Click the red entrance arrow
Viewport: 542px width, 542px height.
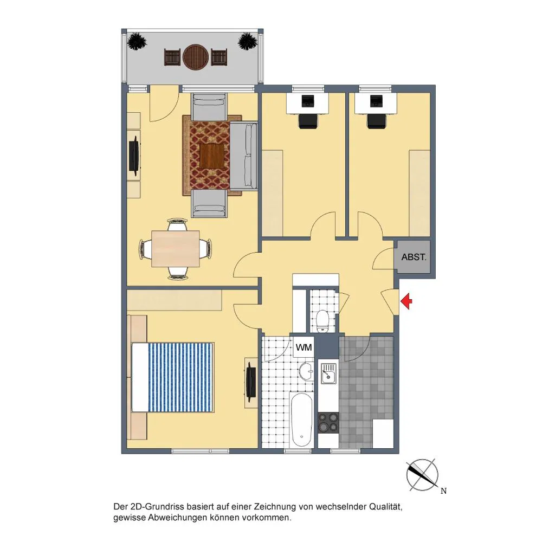coord(406,301)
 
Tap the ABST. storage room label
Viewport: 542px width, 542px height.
coord(414,257)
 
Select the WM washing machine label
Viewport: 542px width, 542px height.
coord(304,347)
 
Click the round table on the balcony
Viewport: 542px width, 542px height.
coord(196,57)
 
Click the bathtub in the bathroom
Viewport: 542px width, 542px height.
coord(302,420)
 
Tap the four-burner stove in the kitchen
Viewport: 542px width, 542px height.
coord(328,423)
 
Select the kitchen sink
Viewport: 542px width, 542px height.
coord(328,373)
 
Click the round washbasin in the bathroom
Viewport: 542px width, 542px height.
coord(306,371)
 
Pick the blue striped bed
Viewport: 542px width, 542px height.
coord(173,377)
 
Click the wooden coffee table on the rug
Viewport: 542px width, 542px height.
coord(212,156)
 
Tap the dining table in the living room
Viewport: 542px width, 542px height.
coord(176,249)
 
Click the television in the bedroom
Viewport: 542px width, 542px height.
coord(251,382)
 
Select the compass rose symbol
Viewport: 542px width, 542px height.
coord(422,475)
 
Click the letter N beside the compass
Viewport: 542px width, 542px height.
coord(443,491)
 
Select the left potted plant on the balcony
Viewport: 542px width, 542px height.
coord(137,42)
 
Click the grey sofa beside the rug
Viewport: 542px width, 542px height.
coord(244,156)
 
